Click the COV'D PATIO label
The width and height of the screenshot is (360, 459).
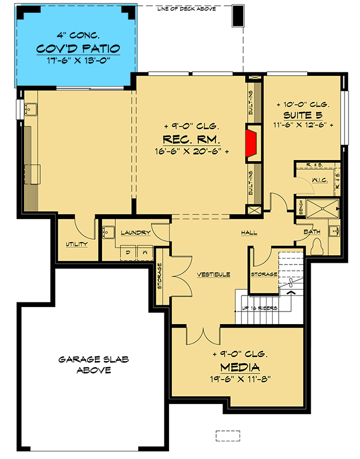pos(75,48)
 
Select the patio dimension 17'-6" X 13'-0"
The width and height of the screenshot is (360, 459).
pos(75,60)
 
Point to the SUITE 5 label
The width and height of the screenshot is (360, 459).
pos(303,115)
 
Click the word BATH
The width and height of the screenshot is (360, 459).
pos(312,232)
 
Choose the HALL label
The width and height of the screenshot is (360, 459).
pos(249,232)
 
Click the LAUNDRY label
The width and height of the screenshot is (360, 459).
pos(135,232)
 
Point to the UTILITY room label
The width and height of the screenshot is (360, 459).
pos(76,244)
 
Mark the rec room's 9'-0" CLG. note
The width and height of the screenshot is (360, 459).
pos(189,126)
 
